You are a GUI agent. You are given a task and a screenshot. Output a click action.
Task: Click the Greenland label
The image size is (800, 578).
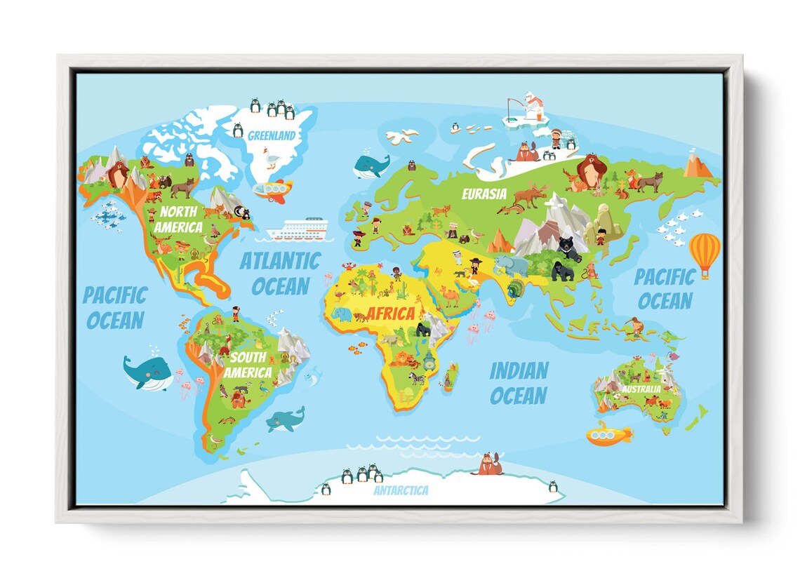[x=272, y=135]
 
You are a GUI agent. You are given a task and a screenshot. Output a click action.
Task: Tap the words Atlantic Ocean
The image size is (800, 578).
[x=280, y=274]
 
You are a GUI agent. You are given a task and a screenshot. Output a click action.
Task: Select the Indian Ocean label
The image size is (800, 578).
[x=518, y=383]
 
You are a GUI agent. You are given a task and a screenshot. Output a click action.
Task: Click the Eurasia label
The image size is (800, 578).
[x=484, y=193]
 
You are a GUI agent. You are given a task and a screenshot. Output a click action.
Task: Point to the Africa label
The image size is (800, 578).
[x=391, y=314]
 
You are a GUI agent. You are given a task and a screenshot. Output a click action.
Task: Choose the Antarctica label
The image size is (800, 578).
[x=401, y=490]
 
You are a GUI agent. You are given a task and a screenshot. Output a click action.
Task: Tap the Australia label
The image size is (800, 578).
[x=640, y=388]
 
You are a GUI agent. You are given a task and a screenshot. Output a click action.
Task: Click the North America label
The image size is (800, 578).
[x=178, y=219]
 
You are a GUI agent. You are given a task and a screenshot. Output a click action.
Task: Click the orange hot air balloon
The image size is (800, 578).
[x=705, y=253]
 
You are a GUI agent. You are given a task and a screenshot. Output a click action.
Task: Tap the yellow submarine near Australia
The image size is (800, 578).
[x=608, y=434]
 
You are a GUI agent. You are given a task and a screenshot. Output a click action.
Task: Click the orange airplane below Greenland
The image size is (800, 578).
[x=272, y=190]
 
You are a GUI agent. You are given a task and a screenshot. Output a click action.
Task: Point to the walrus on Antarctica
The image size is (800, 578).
[x=488, y=464]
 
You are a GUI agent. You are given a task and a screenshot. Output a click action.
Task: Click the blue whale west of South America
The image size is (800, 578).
[x=147, y=372]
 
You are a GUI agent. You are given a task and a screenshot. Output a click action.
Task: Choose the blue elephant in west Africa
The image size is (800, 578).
[x=342, y=315]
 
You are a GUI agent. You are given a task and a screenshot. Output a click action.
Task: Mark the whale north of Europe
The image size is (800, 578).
[x=370, y=166]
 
